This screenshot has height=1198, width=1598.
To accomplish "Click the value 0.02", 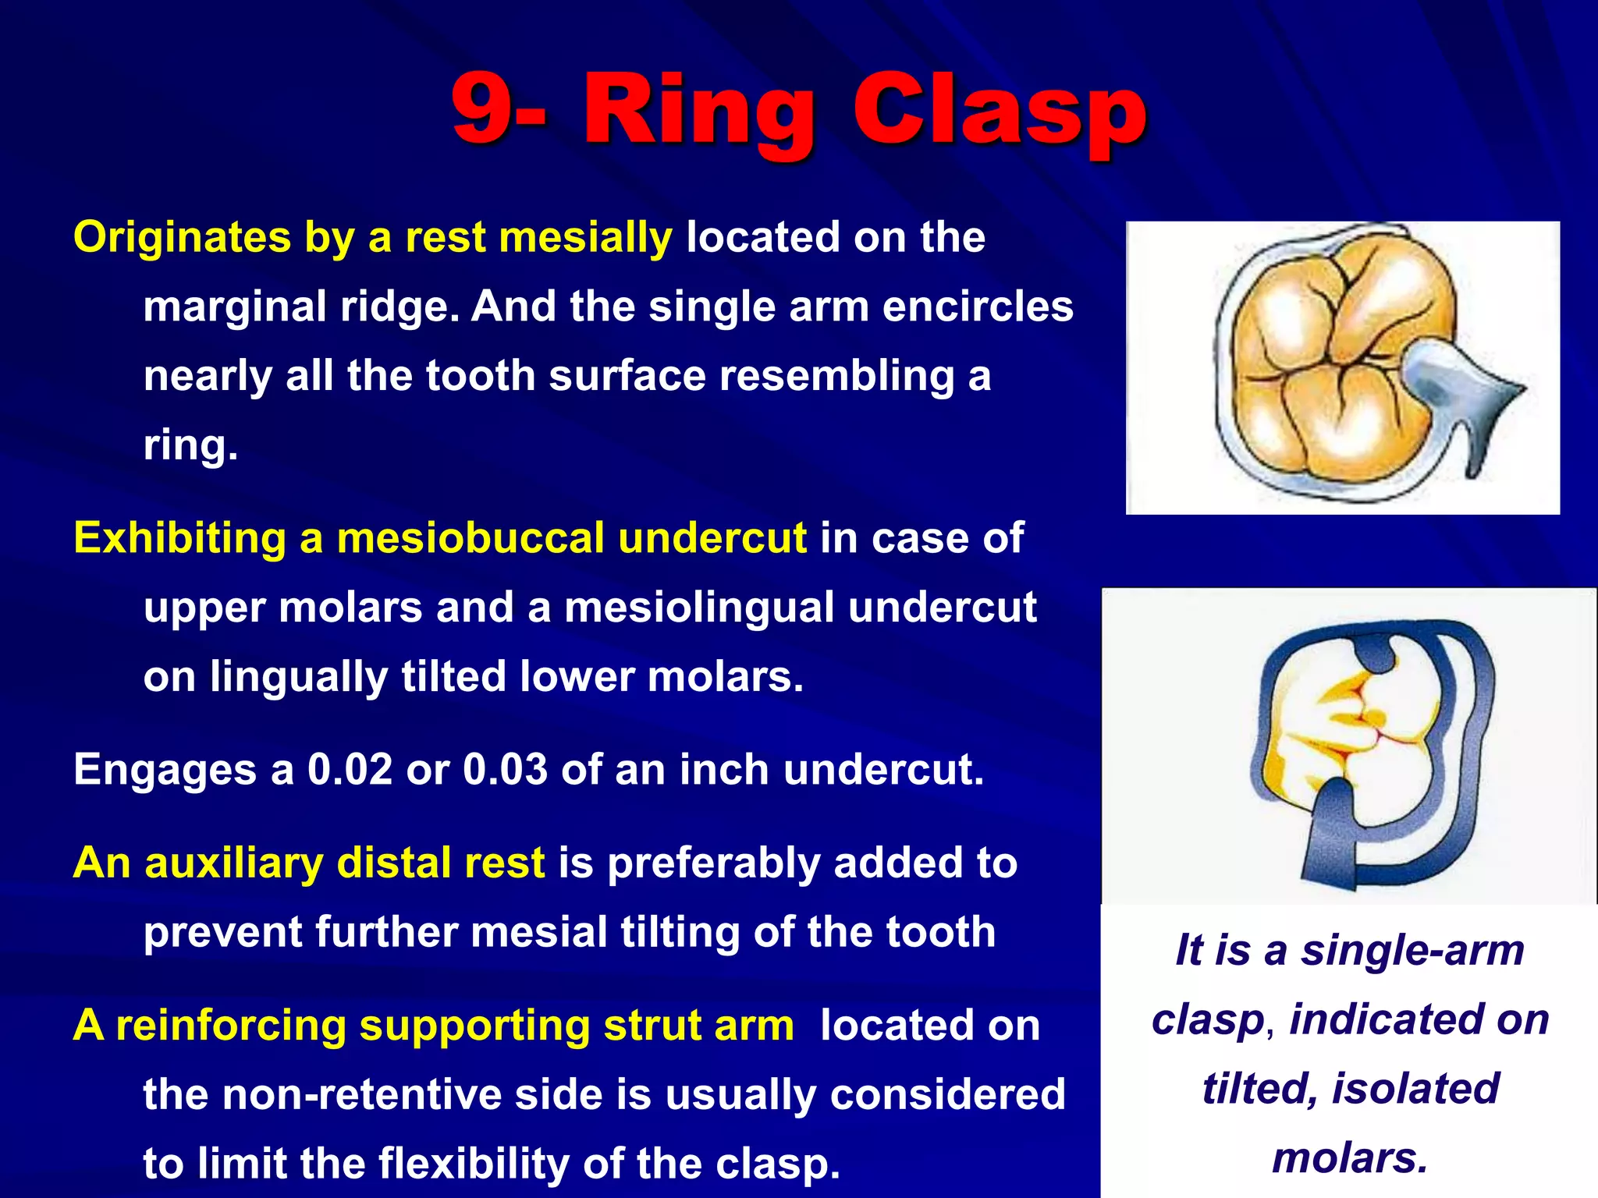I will point(350,770).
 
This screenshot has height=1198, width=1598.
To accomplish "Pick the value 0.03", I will point(506,770).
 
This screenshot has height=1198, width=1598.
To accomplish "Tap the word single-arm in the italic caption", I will point(1412,951).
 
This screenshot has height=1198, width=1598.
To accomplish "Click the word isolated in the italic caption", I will point(1415,1089).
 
